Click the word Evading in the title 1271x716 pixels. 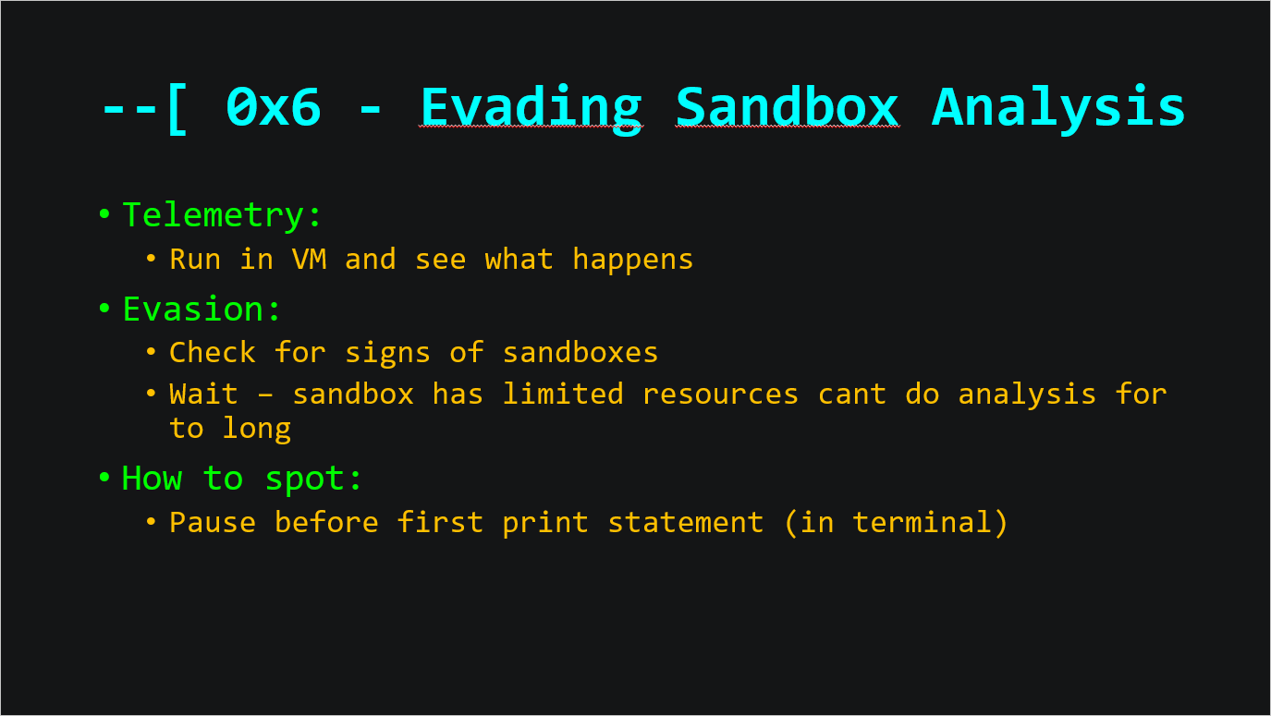click(532, 109)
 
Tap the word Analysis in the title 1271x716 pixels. click(1058, 109)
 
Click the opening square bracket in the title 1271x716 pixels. click(177, 109)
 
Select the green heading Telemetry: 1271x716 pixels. click(222, 215)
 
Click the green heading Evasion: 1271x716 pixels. click(202, 309)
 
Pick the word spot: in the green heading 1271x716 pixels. click(313, 479)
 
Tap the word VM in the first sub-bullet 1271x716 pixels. click(310, 260)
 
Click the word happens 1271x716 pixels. click(632, 261)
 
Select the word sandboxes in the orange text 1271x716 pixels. click(580, 353)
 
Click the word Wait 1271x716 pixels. click(203, 394)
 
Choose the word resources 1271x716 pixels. click(720, 394)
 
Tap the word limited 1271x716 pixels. click(563, 394)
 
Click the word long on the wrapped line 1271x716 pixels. click(256, 430)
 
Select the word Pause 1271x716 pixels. click(213, 522)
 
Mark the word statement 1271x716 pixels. click(686, 523)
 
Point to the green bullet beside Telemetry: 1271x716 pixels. click(104, 214)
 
